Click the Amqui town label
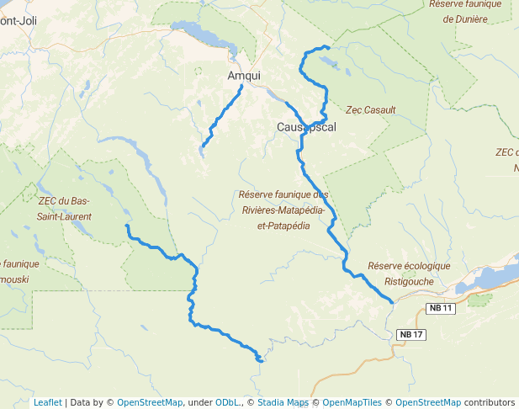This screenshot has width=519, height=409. (244, 76)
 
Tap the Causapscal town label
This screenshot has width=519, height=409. (306, 127)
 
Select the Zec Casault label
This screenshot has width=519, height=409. (370, 110)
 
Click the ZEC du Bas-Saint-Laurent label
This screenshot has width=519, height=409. (64, 209)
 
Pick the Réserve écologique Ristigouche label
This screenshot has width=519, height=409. (409, 273)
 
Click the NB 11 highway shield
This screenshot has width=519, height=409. (441, 309)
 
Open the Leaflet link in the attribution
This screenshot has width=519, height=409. (47, 402)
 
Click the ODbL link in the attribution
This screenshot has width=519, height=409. (228, 402)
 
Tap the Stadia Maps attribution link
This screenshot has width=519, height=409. (283, 402)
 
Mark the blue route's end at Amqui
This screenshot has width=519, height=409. (242, 86)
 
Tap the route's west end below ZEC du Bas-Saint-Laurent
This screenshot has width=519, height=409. (126, 226)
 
